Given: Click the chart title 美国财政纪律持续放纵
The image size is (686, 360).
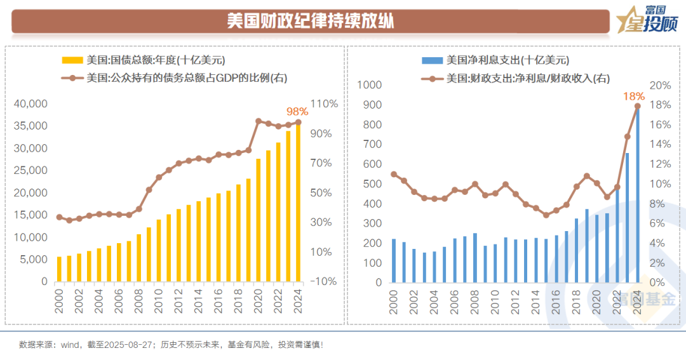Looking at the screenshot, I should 311,21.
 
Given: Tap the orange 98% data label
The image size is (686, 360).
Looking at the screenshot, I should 297,111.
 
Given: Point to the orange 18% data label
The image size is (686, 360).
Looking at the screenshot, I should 635,97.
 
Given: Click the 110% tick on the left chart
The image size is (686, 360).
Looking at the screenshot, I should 324,103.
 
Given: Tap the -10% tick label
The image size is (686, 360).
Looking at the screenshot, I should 324,281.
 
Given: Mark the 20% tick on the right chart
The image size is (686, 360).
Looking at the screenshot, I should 658,85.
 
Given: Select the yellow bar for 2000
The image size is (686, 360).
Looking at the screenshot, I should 60,269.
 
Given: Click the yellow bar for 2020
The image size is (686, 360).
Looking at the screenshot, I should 259,220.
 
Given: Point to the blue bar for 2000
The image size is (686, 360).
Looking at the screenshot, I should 394,260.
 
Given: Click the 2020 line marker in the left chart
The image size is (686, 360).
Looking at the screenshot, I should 259,121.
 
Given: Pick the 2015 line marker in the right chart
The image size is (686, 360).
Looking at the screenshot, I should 546,215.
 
